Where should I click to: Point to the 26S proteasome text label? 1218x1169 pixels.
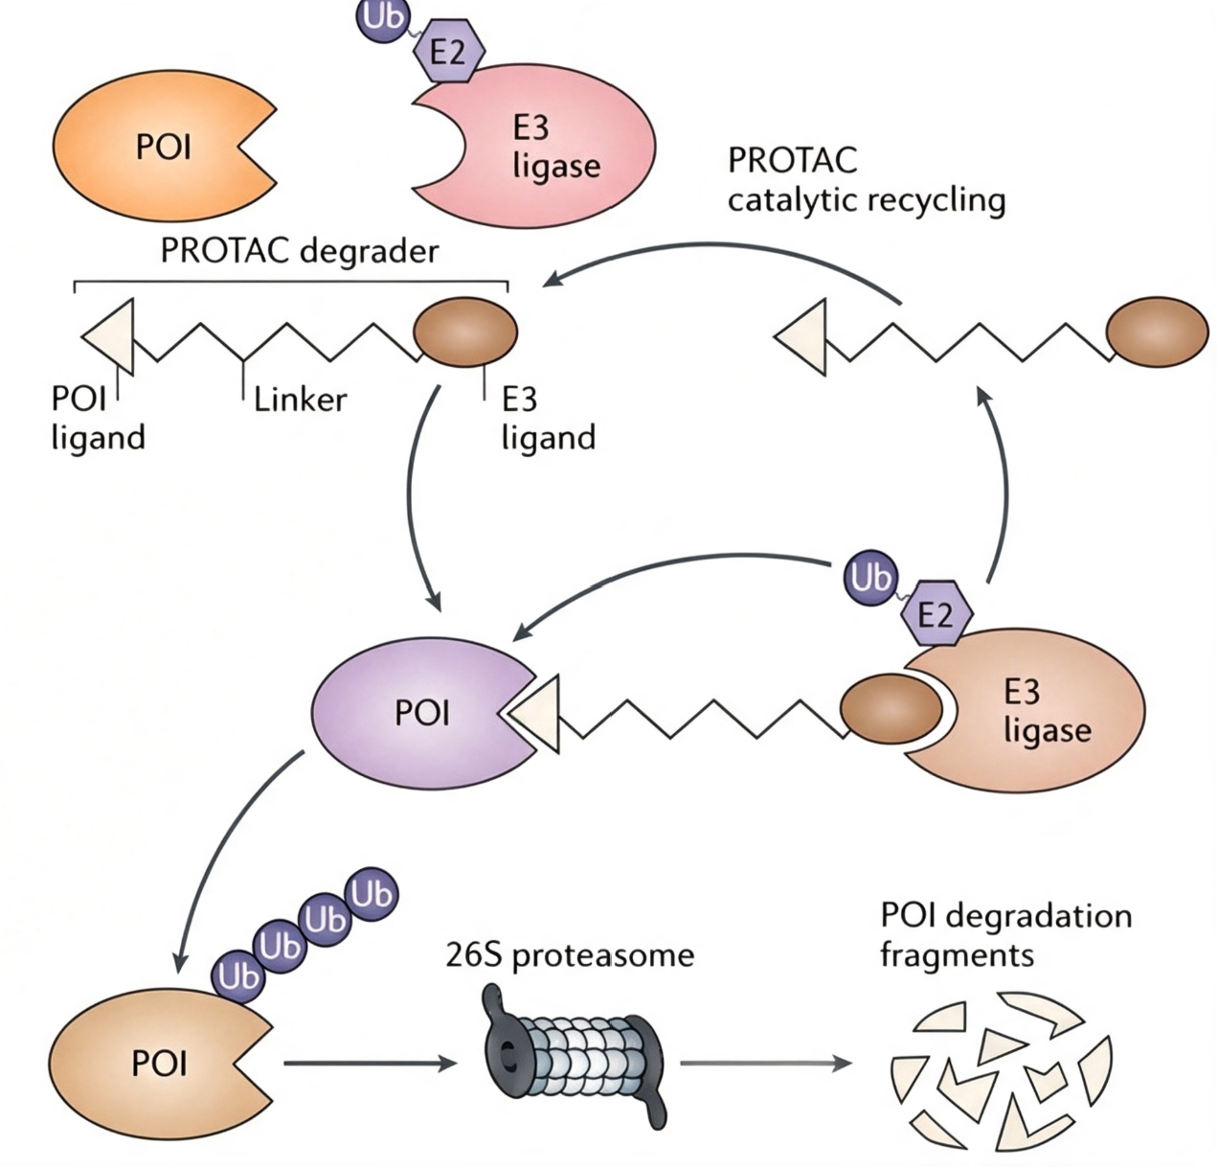tap(570, 955)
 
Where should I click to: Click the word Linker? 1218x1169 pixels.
tap(300, 400)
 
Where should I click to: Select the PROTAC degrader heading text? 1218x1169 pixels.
tap(300, 251)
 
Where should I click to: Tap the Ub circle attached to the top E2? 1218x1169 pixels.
tap(382, 17)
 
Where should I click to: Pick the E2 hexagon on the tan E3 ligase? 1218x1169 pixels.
tap(936, 613)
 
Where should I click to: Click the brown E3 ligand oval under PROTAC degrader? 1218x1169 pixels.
tap(466, 332)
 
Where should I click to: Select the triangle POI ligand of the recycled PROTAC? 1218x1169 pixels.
tap(801, 337)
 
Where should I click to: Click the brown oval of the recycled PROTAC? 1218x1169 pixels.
tap(1158, 332)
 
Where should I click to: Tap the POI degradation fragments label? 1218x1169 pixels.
tap(1005, 935)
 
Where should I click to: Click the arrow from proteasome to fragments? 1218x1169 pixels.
tap(766, 1064)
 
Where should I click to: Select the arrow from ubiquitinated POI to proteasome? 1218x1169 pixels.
tap(371, 1064)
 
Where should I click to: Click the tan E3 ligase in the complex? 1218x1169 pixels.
tap(1026, 714)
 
